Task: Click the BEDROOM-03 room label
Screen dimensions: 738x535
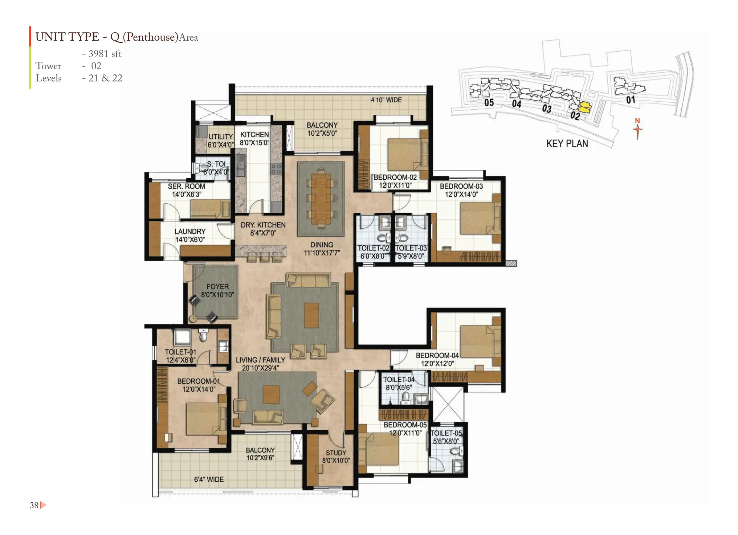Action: coord(461,186)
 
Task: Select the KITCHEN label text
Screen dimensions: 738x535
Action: coord(254,135)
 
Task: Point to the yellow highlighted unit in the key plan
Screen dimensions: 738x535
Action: coord(584,107)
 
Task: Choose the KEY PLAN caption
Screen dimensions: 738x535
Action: coord(567,144)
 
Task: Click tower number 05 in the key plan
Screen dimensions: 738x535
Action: coord(489,103)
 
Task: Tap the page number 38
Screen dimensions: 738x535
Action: coord(34,505)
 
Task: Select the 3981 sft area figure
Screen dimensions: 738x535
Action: coord(105,54)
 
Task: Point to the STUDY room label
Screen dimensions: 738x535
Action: coord(336,453)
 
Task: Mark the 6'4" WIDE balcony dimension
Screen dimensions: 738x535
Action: coord(209,479)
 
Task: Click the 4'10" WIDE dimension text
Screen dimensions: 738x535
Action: coord(386,100)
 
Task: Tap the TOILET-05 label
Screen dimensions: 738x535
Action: coord(446,433)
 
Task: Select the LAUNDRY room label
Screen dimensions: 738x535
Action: coord(190,232)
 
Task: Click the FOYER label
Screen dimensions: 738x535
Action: coord(217,287)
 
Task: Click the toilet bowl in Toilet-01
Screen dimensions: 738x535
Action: coord(204,336)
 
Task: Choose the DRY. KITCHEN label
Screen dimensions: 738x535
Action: coord(263,225)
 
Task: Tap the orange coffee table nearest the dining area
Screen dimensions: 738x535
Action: coord(311,315)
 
